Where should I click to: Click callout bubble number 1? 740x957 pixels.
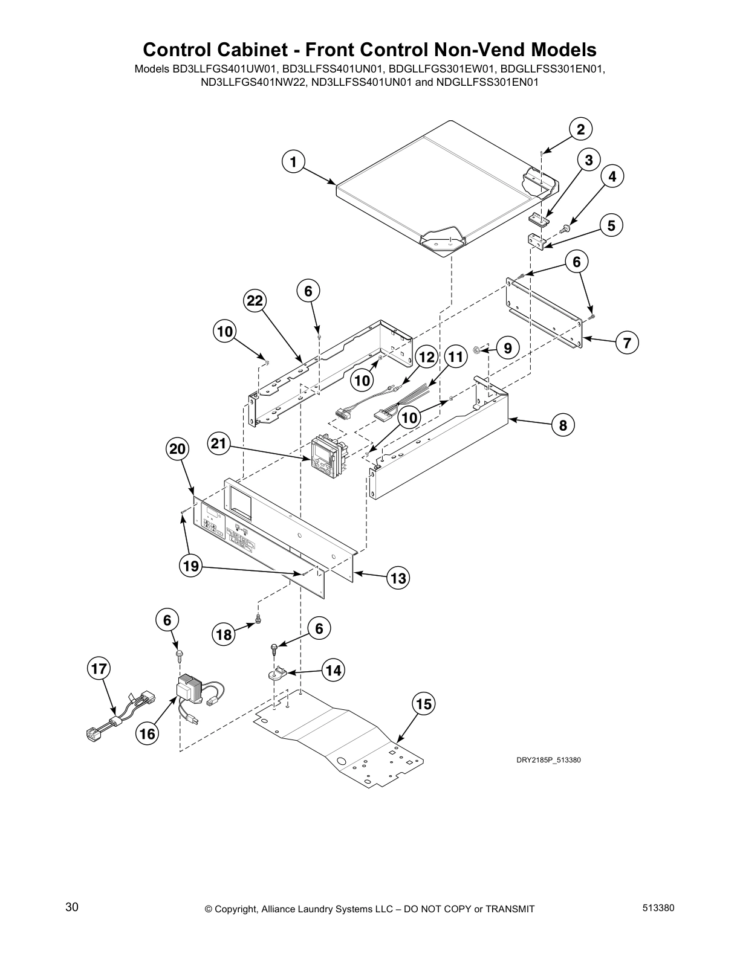pos(293,162)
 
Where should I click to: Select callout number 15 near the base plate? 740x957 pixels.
pos(424,704)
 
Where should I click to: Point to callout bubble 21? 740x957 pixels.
pos(218,445)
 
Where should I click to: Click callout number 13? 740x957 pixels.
pos(398,578)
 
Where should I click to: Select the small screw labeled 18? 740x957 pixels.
pos(259,619)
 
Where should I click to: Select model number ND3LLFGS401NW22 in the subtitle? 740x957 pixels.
pos(253,83)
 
